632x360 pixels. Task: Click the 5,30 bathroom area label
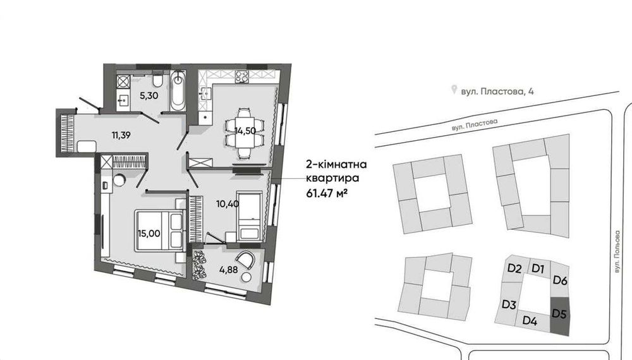(149, 96)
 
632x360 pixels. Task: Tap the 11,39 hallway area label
(121, 135)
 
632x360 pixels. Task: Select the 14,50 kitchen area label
(245, 131)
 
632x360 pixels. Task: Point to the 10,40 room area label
(228, 204)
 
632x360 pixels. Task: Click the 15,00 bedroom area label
(149, 234)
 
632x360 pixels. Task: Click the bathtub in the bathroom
(178, 91)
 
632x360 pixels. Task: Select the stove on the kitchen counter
(241, 77)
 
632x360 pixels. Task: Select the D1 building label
(538, 268)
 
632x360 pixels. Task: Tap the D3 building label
(509, 305)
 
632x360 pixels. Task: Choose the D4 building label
(530, 321)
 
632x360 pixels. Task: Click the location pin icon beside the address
(454, 90)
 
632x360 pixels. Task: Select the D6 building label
(560, 280)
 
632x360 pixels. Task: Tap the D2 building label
(514, 268)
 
